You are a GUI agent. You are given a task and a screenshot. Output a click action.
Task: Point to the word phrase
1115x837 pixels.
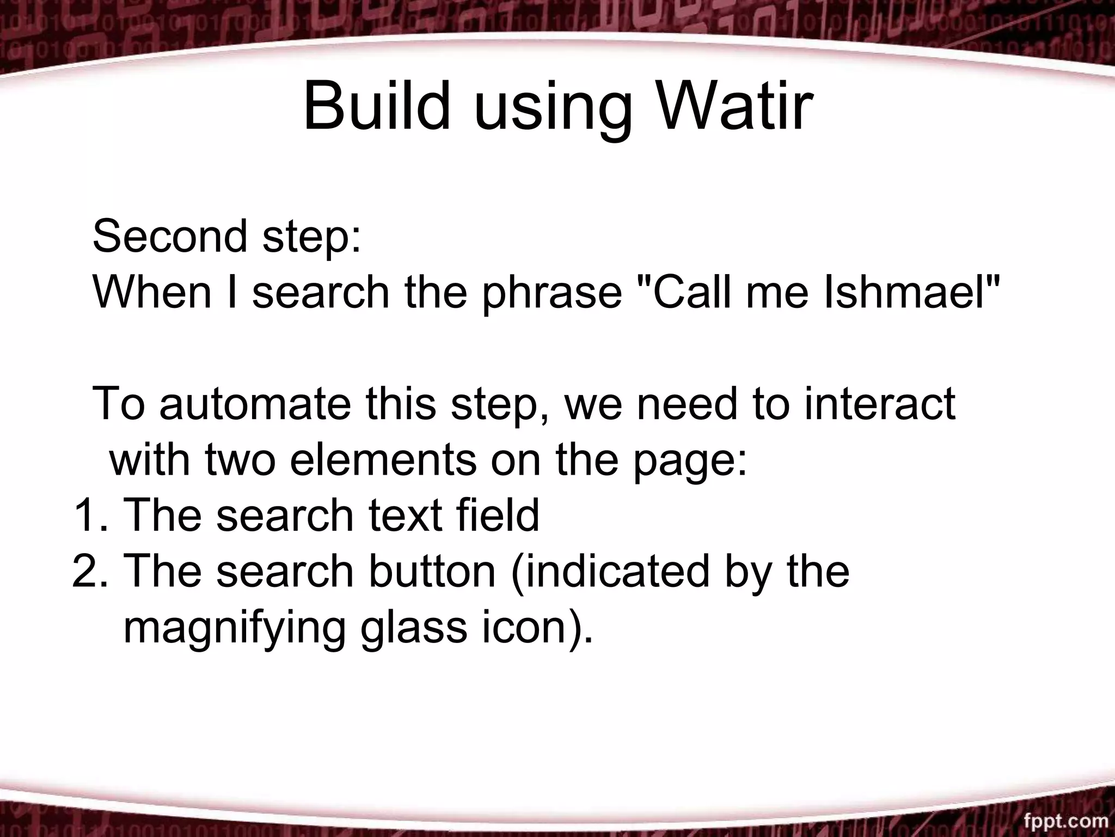[552, 294]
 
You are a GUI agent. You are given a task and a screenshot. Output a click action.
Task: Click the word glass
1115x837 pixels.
[413, 630]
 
